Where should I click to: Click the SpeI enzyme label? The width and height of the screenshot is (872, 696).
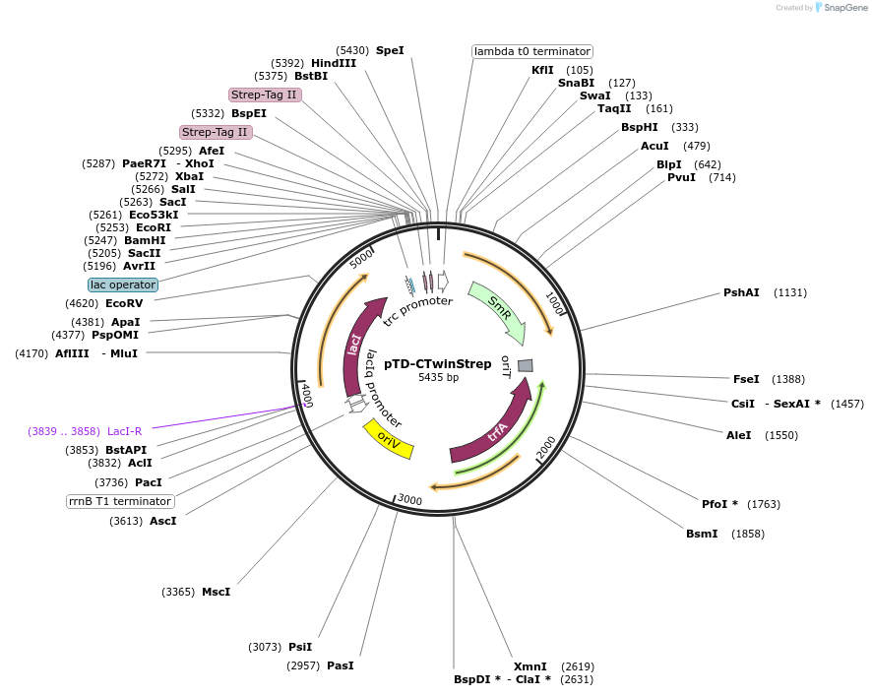click(x=390, y=50)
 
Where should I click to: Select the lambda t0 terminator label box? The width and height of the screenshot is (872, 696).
click(x=532, y=51)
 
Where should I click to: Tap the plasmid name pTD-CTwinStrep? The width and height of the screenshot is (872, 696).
click(x=438, y=363)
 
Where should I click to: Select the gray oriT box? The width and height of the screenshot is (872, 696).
click(x=526, y=365)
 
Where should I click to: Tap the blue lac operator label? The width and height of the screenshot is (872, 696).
click(x=123, y=285)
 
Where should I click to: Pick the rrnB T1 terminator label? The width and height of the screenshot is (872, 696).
click(x=120, y=501)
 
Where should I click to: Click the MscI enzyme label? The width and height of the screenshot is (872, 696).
click(x=216, y=592)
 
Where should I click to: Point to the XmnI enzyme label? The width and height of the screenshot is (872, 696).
click(x=529, y=666)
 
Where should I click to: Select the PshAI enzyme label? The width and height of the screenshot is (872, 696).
click(x=741, y=292)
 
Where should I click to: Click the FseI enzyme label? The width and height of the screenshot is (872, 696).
click(x=746, y=379)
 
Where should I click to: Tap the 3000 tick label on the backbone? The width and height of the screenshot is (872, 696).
click(x=409, y=501)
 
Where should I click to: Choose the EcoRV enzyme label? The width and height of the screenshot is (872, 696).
click(x=124, y=304)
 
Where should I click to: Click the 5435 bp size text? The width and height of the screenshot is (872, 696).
click(x=438, y=377)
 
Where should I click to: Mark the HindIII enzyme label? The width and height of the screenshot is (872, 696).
click(x=334, y=63)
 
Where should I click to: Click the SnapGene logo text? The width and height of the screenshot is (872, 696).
click(x=845, y=7)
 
